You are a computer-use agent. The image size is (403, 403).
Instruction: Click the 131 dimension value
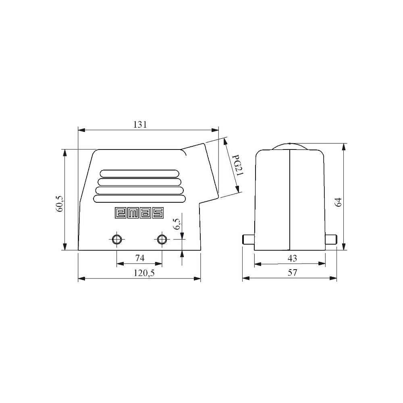(x=140, y=125)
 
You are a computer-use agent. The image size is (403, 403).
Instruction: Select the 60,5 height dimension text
(x=59, y=204)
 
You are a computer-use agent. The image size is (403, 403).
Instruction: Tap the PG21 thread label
(x=237, y=166)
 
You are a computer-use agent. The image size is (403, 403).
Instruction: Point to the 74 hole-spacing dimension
(x=139, y=258)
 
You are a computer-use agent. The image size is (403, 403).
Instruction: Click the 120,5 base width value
(x=144, y=273)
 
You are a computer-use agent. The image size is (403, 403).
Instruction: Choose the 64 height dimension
(x=338, y=202)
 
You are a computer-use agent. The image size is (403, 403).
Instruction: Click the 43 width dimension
(x=292, y=258)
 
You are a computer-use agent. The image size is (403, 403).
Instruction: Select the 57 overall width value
(x=292, y=272)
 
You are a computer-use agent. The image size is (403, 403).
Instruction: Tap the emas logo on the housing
(x=139, y=213)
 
